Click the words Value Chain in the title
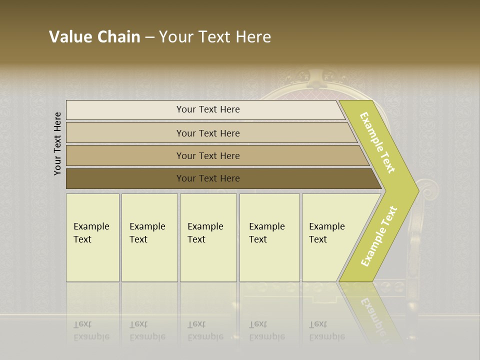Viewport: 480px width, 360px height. point(94,37)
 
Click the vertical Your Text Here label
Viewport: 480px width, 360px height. point(58,143)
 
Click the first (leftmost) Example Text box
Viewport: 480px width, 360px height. point(92,237)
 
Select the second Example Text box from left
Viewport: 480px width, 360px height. point(149,237)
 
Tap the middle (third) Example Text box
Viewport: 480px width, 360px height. point(208,237)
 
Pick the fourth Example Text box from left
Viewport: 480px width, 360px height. point(269,237)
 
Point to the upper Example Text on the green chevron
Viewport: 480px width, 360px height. point(378,142)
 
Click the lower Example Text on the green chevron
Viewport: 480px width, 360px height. point(379,236)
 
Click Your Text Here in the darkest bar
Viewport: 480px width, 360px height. point(208,178)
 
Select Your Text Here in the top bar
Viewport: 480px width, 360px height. point(208,109)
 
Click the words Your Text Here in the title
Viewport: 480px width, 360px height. point(215,37)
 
